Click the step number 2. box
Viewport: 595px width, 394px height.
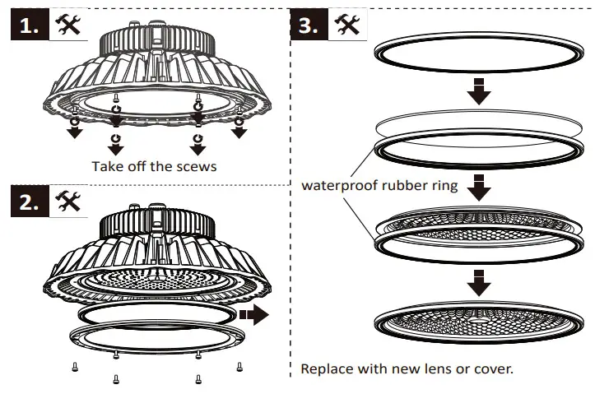coord(29,202)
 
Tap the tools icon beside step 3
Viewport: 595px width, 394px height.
coord(347,25)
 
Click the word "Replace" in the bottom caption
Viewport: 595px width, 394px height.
coord(326,369)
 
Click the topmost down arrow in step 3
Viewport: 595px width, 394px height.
coord(478,92)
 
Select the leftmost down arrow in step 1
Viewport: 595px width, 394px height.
coord(75,131)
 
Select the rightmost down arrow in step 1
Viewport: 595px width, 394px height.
coord(239,131)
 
